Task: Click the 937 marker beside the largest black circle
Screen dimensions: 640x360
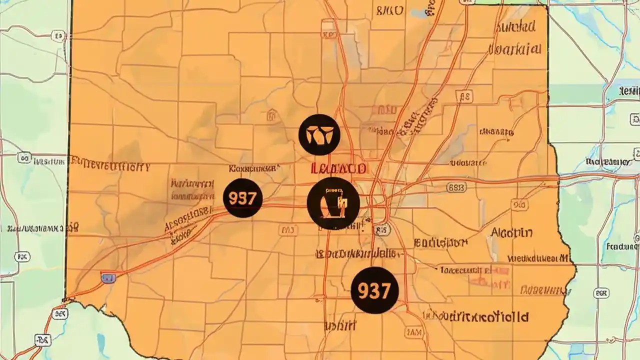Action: click(x=242, y=198)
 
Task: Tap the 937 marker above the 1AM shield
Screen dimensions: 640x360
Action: click(x=374, y=290)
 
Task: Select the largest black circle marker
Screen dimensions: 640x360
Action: click(x=333, y=203)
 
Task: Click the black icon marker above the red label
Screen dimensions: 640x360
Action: click(x=319, y=134)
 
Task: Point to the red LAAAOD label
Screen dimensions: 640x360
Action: click(x=338, y=168)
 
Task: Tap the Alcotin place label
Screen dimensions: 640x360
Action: click(x=511, y=232)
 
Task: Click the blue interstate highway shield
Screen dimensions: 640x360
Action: click(x=108, y=278)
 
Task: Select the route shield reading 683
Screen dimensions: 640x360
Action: click(x=456, y=187)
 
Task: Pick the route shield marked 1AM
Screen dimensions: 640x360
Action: click(x=413, y=332)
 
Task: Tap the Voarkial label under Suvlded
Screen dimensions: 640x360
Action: click(x=514, y=49)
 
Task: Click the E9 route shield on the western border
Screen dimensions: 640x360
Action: click(x=59, y=36)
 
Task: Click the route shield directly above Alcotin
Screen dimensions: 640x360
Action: click(x=519, y=205)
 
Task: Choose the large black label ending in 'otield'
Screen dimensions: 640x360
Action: click(x=475, y=316)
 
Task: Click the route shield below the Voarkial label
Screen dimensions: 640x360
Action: click(x=465, y=96)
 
